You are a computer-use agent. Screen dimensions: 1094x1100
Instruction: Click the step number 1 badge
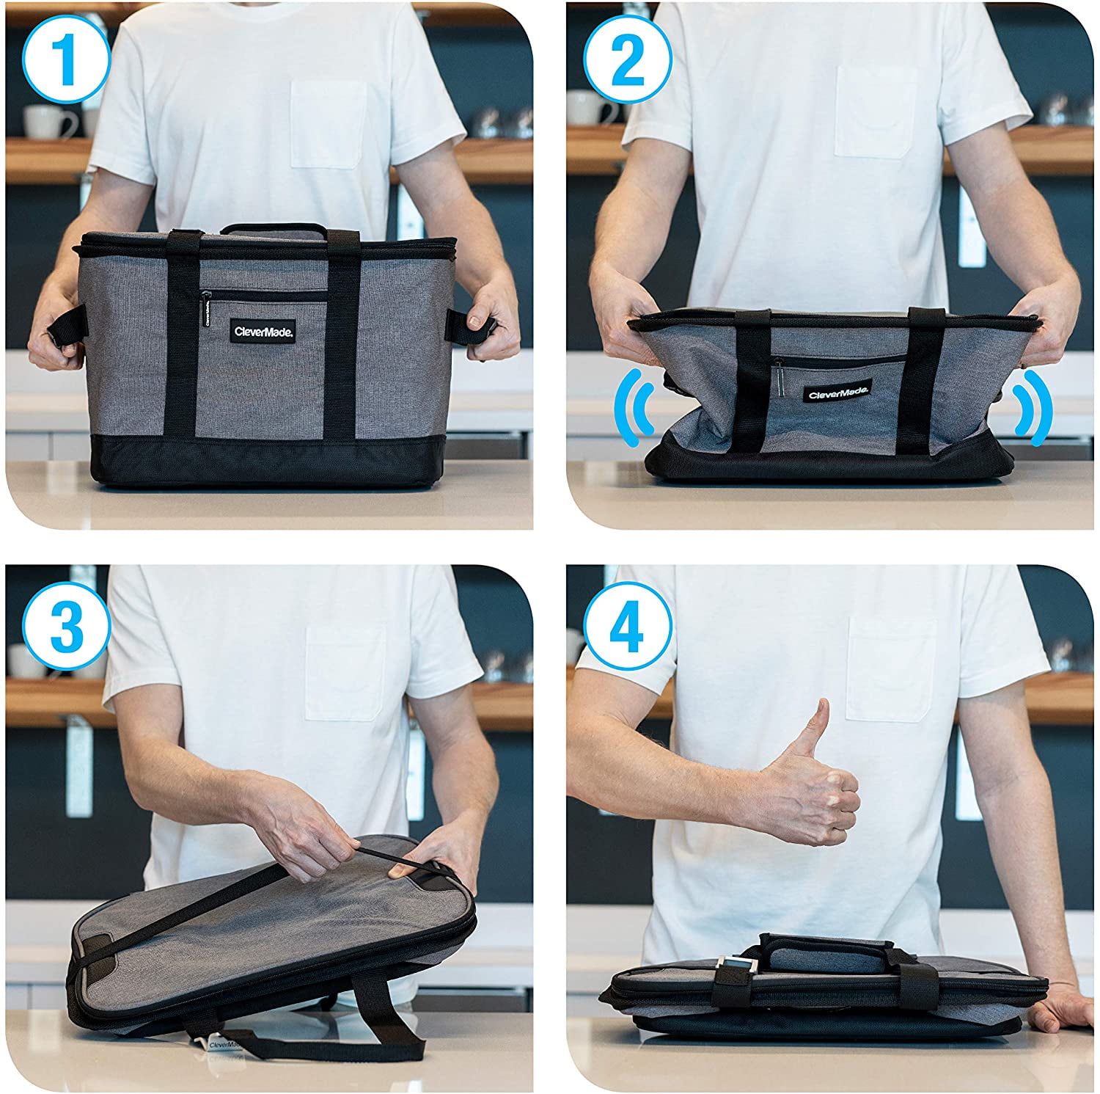click(x=66, y=61)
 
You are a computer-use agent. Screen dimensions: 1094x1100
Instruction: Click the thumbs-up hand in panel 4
click(x=814, y=785)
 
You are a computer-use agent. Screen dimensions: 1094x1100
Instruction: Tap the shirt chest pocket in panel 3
click(x=345, y=671)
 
